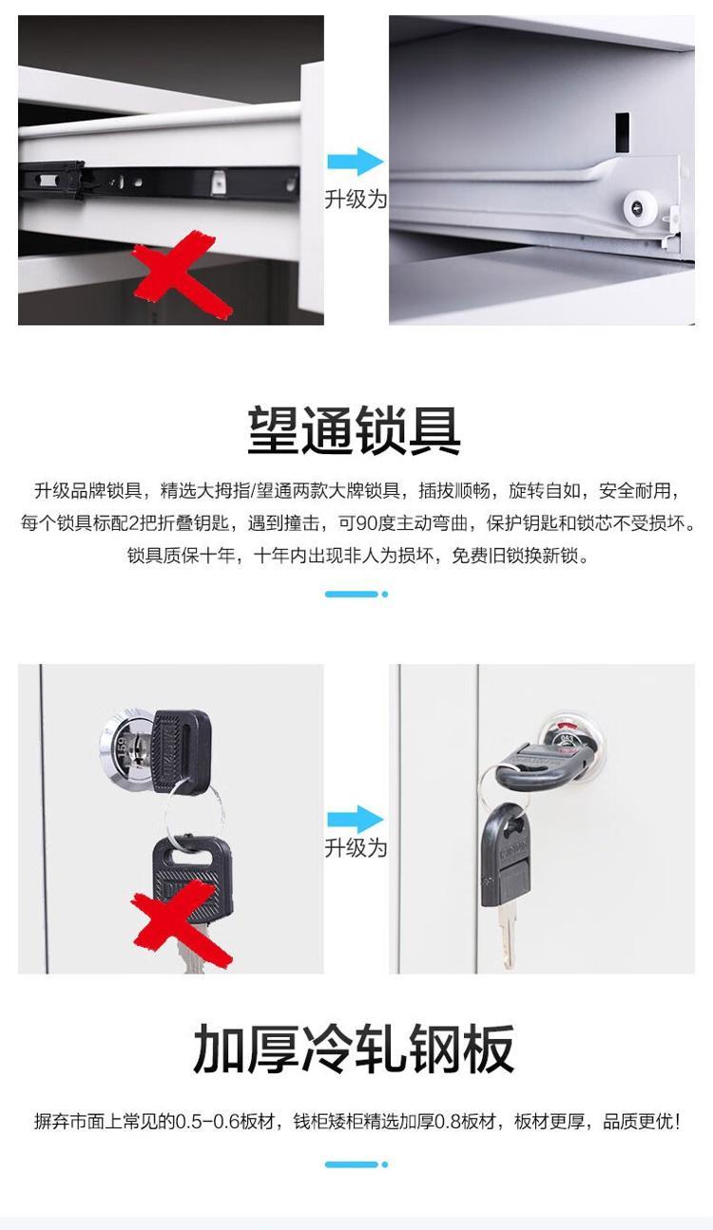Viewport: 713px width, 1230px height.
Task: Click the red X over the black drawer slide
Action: (182, 274)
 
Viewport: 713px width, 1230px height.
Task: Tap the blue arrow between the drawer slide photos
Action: (356, 161)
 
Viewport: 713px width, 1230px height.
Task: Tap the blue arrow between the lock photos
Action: (356, 820)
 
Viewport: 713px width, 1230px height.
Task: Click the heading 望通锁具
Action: (355, 430)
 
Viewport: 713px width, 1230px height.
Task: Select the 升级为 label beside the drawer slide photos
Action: (356, 199)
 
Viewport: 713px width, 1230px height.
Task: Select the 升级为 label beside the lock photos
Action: (356, 848)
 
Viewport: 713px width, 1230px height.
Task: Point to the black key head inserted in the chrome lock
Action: (182, 750)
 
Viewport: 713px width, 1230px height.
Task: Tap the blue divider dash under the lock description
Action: (356, 595)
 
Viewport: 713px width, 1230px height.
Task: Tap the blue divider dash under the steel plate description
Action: (356, 1164)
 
